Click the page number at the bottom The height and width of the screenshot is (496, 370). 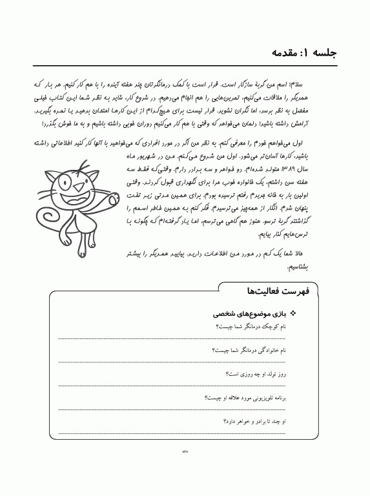(x=184, y=451)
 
